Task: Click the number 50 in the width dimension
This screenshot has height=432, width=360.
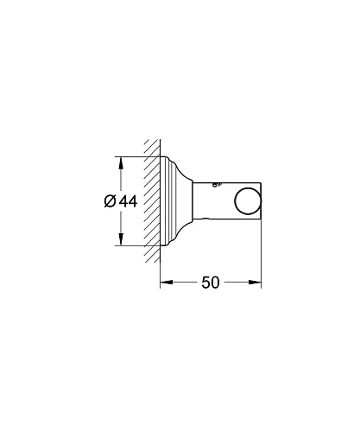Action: pyautogui.click(x=211, y=283)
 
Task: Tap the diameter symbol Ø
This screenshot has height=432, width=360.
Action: pyautogui.click(x=110, y=200)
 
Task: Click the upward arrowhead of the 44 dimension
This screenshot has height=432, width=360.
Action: pyautogui.click(x=120, y=161)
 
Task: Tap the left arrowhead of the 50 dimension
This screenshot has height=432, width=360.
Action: pyautogui.click(x=165, y=282)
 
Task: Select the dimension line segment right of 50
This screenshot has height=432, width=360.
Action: pyautogui.click(x=242, y=282)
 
